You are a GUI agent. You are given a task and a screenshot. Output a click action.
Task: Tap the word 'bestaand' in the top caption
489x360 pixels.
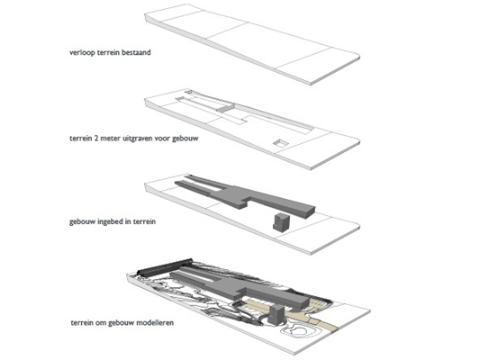click(x=136, y=52)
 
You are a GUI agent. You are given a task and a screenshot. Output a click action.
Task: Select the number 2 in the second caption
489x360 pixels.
click(x=96, y=138)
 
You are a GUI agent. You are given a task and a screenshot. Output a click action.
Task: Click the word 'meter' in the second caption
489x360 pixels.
click(x=111, y=138)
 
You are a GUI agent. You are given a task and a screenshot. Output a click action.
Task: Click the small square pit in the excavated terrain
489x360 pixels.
click(x=280, y=143)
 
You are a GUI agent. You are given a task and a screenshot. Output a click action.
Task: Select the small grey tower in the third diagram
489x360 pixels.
click(x=281, y=222)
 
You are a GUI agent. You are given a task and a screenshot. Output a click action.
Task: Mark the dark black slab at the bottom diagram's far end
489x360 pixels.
click(x=166, y=267)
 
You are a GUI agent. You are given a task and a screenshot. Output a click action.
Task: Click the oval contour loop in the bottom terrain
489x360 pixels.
click(x=295, y=330)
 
